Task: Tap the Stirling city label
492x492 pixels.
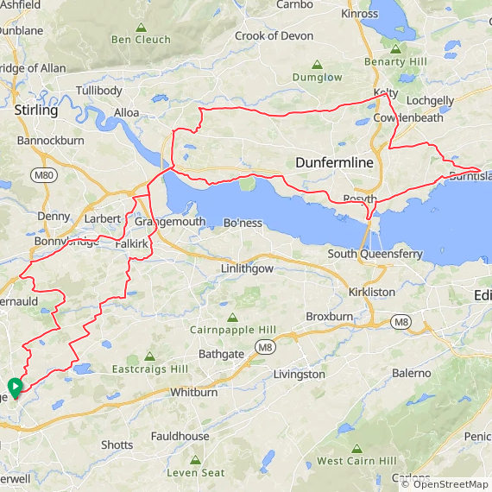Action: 36,110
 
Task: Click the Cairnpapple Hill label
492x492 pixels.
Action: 232,330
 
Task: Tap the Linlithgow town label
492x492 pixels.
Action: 247,268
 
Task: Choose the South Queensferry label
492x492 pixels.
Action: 375,254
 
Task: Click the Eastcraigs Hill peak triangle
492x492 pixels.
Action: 150,355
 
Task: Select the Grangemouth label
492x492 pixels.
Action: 170,222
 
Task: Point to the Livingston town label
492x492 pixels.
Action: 300,375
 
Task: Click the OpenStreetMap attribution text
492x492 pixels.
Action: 445,484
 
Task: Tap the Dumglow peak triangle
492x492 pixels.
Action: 318,64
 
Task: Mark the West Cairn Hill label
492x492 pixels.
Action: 356,461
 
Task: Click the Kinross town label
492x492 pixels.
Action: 360,14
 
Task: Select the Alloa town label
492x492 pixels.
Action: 127,113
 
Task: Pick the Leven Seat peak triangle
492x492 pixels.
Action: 195,459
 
